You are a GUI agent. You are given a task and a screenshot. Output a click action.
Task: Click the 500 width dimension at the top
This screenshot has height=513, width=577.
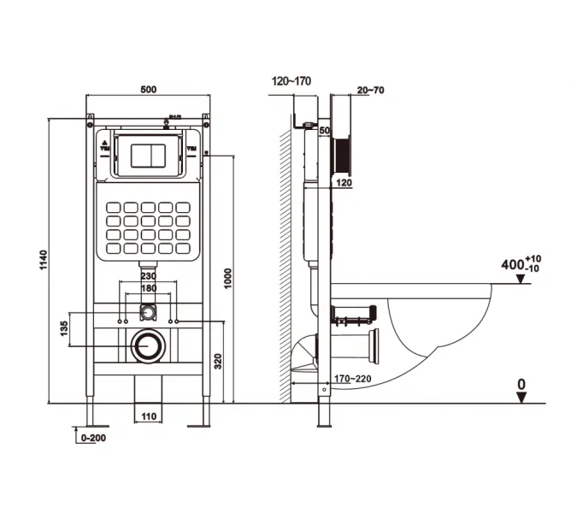[x=149, y=87]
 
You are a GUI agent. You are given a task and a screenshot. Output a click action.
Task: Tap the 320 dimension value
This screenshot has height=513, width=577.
[x=218, y=362]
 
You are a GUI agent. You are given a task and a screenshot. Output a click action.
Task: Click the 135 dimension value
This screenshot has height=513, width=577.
[x=64, y=329]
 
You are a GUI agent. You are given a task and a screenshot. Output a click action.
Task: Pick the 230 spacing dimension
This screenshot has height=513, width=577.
[x=148, y=276]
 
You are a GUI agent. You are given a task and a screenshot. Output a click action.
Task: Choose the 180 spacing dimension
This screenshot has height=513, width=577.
[x=148, y=289]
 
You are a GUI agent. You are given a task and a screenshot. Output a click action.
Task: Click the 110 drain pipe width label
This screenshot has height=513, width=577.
[x=150, y=416]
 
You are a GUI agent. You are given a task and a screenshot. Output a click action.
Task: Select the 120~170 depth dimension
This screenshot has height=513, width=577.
[x=292, y=81]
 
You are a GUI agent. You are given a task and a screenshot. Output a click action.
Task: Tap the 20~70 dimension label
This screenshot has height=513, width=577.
[x=370, y=89]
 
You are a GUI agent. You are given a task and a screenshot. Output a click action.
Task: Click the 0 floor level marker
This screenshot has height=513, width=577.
[x=521, y=386]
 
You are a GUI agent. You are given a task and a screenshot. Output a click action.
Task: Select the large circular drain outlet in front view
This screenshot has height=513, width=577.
[x=149, y=345]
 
